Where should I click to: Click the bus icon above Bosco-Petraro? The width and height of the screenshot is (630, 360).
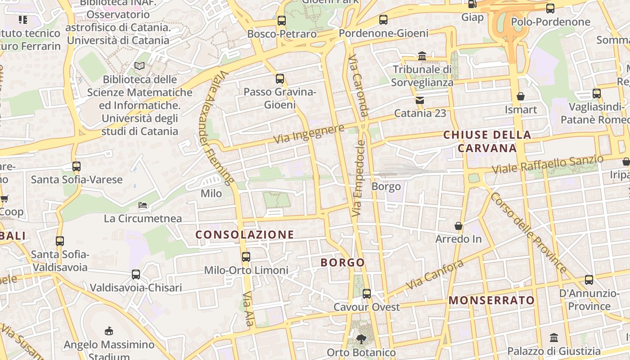[x=281, y=20]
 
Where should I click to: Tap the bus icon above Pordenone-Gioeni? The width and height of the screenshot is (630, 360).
[x=383, y=19]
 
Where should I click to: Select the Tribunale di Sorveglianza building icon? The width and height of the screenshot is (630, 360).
[x=422, y=56]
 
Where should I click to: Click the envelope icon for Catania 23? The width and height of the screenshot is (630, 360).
[x=420, y=100]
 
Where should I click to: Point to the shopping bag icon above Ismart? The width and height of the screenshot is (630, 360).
[x=521, y=96]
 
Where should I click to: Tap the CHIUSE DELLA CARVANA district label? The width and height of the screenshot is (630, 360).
[x=487, y=141]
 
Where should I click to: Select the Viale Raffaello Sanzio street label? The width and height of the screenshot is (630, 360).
[x=547, y=165]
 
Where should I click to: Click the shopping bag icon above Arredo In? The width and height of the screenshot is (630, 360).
[x=459, y=225]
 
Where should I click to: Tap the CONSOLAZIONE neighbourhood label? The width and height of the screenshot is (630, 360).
[x=245, y=234]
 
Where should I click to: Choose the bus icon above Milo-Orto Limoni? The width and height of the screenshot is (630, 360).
[x=246, y=257]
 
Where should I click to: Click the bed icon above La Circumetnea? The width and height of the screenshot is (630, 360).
[x=143, y=205]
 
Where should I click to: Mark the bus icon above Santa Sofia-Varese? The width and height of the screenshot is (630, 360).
[x=76, y=166]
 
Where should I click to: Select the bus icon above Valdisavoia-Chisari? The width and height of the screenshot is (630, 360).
[x=135, y=274]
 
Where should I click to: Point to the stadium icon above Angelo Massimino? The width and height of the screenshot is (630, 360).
[x=109, y=332]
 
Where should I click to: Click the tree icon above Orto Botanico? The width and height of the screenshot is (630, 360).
[x=361, y=339]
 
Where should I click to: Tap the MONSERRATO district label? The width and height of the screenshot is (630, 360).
[x=492, y=300]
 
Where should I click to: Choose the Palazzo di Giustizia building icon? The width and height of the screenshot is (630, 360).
[x=554, y=337]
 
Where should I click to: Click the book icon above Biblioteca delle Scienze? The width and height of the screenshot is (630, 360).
[x=139, y=66]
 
